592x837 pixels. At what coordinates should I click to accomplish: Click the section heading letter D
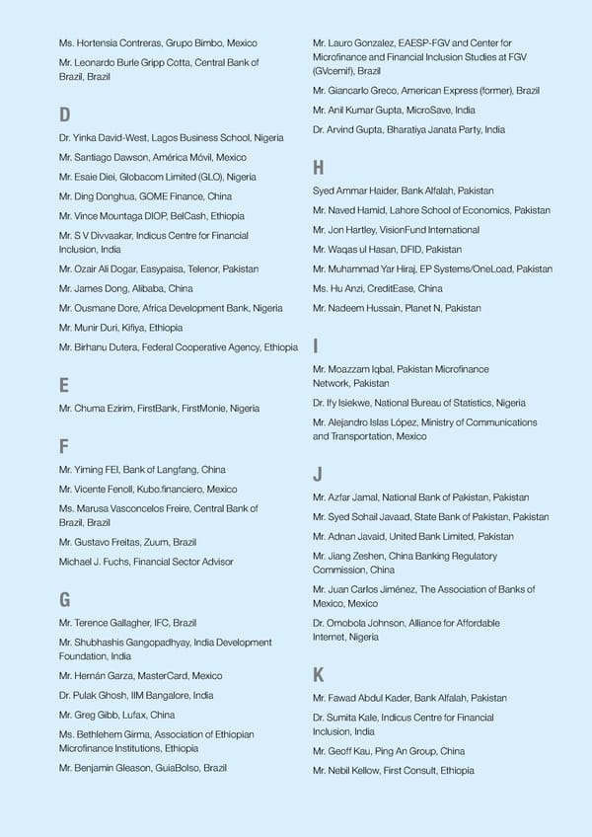tap(64, 115)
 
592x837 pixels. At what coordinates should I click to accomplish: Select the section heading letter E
tap(63, 386)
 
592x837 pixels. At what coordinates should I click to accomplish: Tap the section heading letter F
tap(63, 447)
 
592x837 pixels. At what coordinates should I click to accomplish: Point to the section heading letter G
tap(64, 600)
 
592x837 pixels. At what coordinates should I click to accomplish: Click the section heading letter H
tap(318, 168)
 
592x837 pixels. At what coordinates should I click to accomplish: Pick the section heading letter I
tap(315, 346)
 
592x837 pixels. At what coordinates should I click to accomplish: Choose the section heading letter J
tap(317, 475)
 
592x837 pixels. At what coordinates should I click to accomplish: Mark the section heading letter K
tap(318, 675)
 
